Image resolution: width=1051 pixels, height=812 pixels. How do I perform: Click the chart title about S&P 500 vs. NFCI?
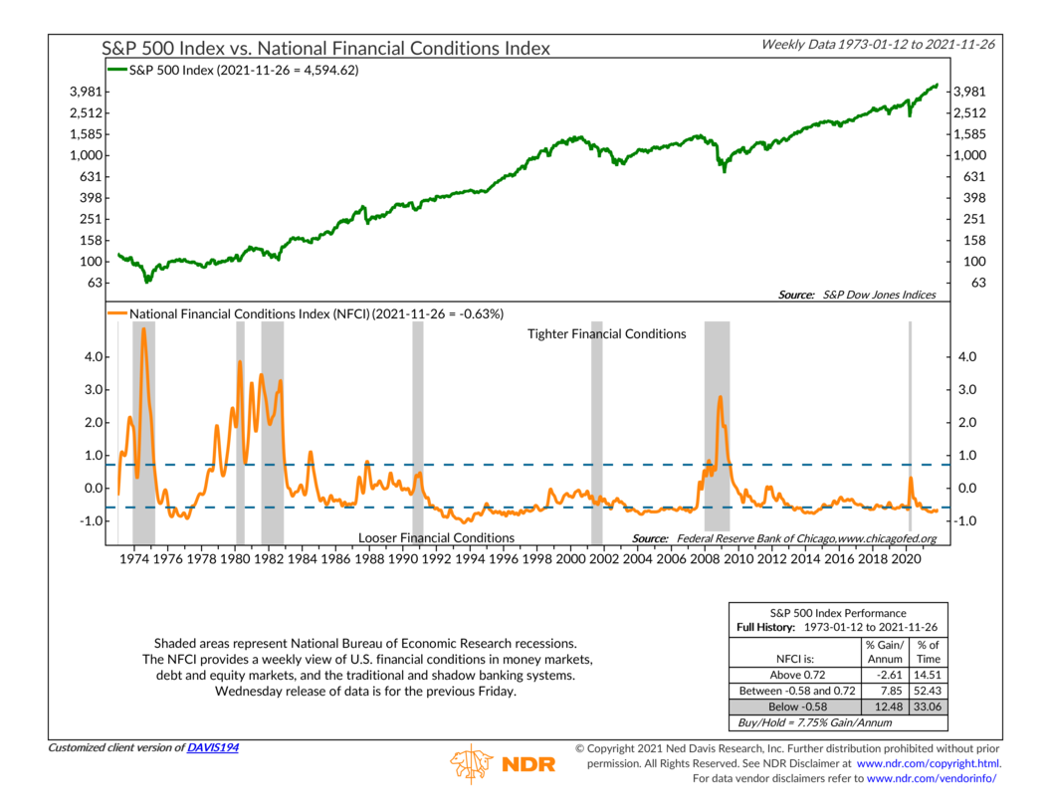[326, 48]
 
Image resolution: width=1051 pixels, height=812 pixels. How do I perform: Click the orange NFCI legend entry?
[305, 313]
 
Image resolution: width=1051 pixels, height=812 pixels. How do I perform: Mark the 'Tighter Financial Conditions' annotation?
[606, 334]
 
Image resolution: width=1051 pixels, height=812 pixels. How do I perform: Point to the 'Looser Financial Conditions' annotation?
[436, 537]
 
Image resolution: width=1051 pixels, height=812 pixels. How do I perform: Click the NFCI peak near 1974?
[144, 329]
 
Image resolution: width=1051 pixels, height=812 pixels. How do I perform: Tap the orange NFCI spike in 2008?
[719, 398]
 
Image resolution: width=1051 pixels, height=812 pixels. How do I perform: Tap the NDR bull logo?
[471, 764]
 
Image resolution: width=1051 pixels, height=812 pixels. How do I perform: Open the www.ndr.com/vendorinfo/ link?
[932, 778]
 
